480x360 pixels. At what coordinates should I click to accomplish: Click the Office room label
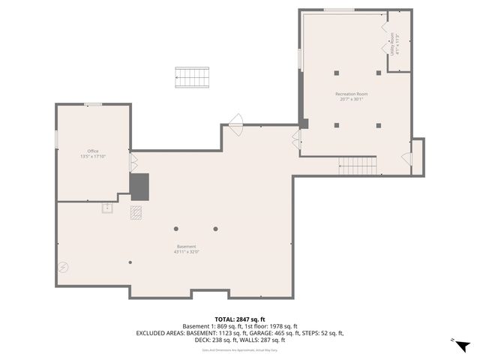93,151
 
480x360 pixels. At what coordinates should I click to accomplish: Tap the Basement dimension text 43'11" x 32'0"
186,252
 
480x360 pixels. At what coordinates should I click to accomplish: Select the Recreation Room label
351,94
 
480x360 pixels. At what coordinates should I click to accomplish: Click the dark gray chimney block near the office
139,187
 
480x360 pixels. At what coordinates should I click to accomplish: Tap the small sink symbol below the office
108,208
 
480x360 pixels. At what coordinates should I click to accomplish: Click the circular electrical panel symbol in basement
64,266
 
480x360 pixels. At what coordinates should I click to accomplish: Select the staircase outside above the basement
192,76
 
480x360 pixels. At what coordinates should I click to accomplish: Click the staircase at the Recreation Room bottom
357,165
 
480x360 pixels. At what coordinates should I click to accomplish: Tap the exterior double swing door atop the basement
236,122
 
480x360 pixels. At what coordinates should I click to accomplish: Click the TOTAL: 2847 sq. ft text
240,319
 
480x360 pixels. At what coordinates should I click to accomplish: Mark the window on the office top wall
94,104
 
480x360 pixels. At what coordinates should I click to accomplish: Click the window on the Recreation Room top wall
339,10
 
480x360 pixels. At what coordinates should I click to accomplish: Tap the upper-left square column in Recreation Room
337,73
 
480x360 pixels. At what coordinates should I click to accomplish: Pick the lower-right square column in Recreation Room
379,125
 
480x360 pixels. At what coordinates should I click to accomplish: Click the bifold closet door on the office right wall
133,161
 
